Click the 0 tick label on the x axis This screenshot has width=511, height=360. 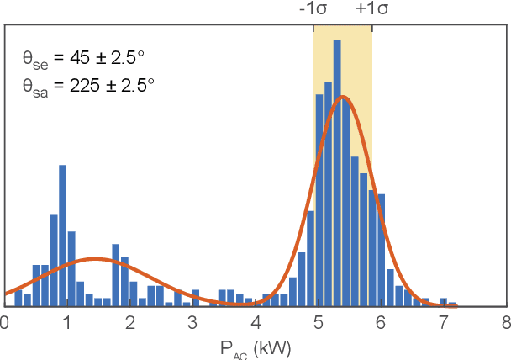(4, 321)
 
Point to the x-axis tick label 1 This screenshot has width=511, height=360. (66, 321)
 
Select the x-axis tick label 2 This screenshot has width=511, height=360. (129, 321)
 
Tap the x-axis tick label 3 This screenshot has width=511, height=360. (192, 321)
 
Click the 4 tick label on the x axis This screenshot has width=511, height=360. (255, 321)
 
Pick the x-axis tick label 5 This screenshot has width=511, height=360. (318, 321)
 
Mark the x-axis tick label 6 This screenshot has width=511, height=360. (381, 321)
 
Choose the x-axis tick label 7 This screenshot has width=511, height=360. (444, 321)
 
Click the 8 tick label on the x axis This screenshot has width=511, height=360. (505, 321)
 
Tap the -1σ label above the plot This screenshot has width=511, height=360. (313, 9)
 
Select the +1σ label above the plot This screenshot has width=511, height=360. (371, 9)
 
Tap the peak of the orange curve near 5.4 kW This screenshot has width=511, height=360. (342, 97)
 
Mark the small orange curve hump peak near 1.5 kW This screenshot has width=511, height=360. (95, 259)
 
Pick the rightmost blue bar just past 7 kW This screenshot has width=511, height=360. (452, 304)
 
